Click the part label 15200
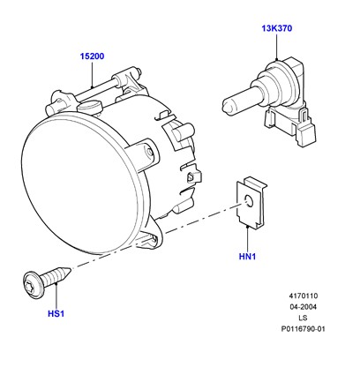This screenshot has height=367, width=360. coord(92,56)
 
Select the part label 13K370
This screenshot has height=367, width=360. coord(277,28)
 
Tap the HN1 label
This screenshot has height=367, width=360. coord(247,257)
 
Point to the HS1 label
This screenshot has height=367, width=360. coord(56,314)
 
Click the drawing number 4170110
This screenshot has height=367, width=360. coord(304,296)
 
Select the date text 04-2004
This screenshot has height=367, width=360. coord(304,307)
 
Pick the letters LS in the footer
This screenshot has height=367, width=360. coord(303,318)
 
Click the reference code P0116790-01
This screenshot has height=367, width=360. coord(304,329)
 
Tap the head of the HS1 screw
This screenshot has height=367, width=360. coord(32,284)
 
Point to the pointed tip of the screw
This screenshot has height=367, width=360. coord(71,268)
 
